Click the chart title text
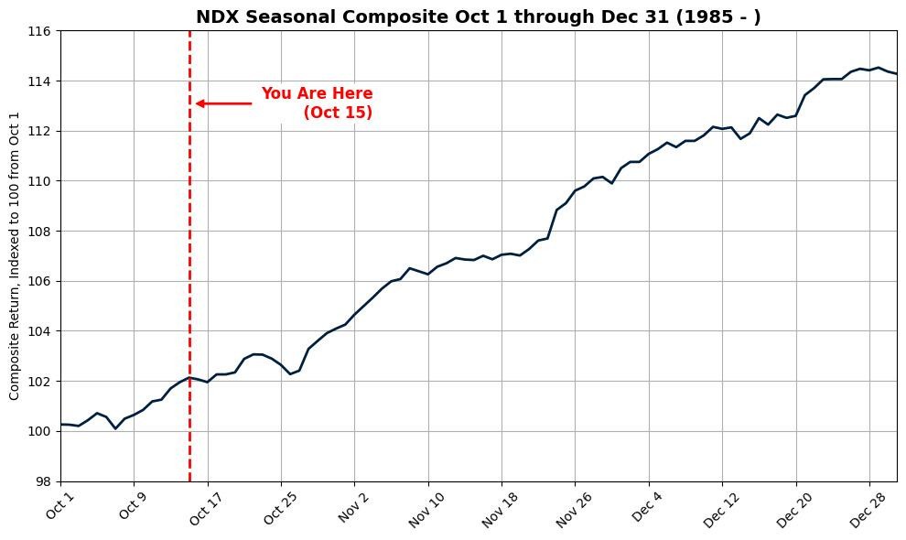tap(478, 16)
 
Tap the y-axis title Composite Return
tap(15, 256)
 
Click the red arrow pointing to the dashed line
tap(223, 103)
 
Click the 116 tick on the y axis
tap(41, 31)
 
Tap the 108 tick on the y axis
tap(41, 232)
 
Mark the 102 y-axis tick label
tap(41, 381)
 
